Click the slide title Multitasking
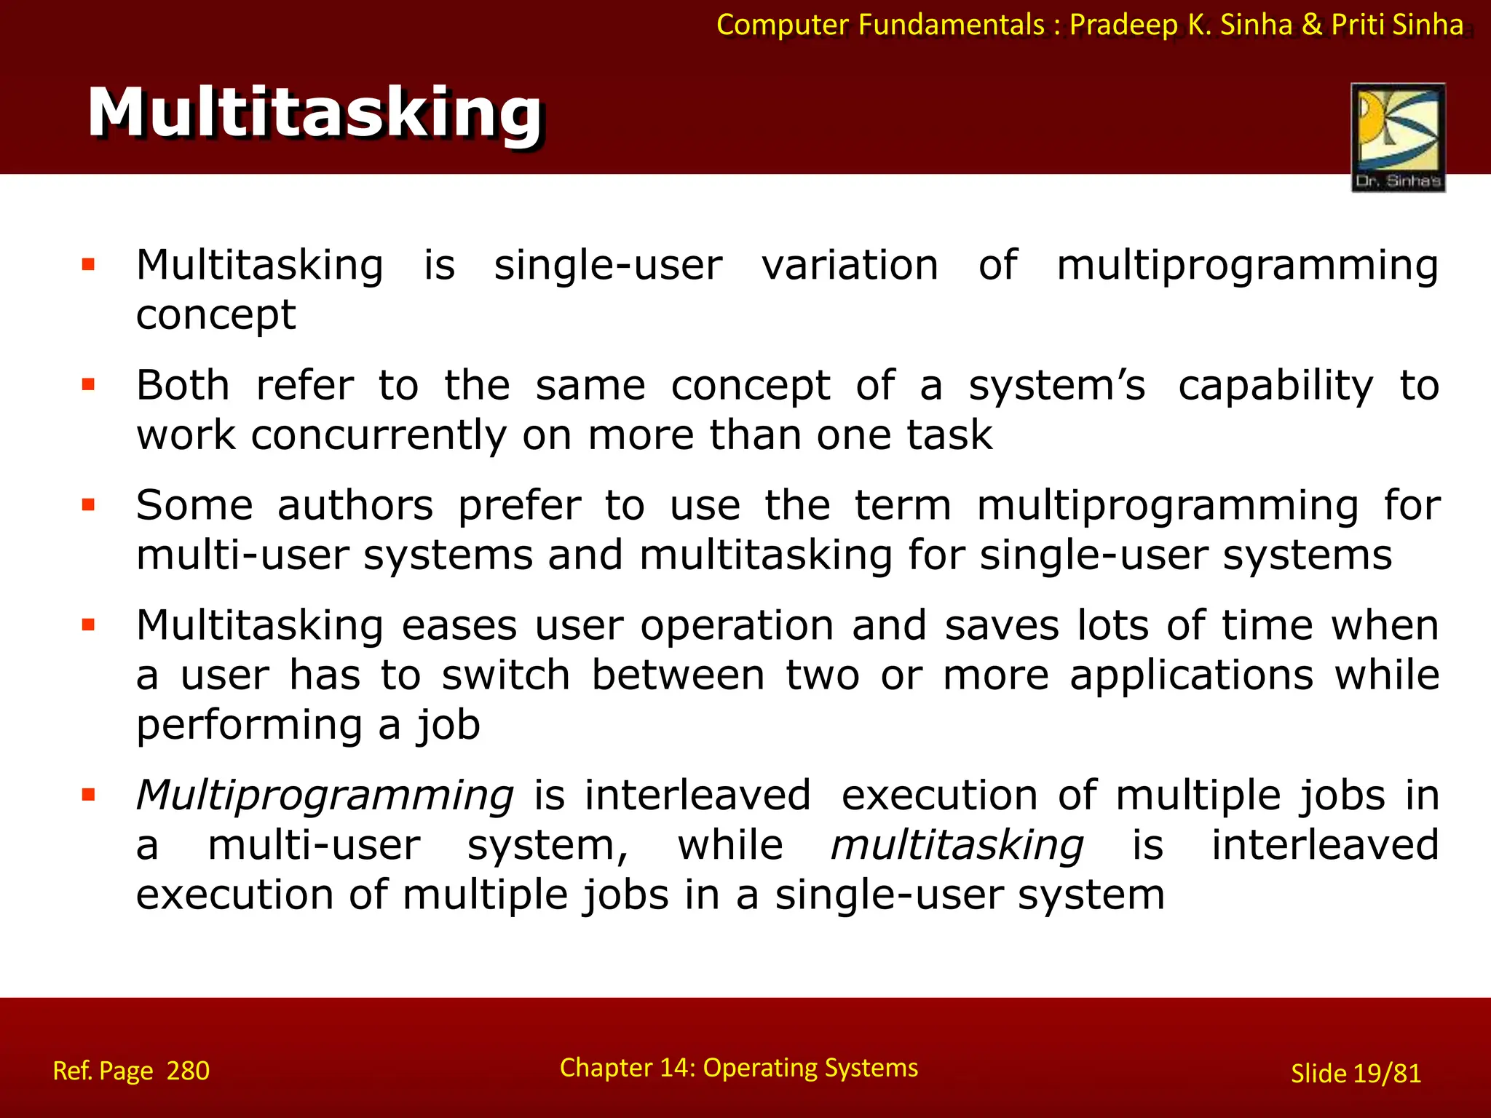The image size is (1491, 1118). click(x=315, y=113)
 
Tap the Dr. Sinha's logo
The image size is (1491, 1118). click(x=1398, y=137)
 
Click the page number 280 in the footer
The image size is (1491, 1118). click(x=188, y=1071)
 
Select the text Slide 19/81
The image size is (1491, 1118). click(x=1356, y=1074)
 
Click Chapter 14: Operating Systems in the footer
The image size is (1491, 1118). click(x=738, y=1068)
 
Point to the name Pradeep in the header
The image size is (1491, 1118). click(x=1123, y=25)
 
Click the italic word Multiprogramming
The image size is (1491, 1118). click(x=325, y=795)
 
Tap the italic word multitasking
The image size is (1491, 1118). click(x=957, y=845)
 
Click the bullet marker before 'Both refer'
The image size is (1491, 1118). click(x=89, y=384)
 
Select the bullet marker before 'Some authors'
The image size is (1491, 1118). click(x=89, y=504)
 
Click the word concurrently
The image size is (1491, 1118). click(x=378, y=435)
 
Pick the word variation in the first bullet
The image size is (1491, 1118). click(x=850, y=265)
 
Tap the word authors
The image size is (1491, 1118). click(x=355, y=505)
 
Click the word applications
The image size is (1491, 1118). click(x=1191, y=675)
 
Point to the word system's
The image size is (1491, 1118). click(x=1056, y=386)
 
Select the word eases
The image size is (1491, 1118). click(x=459, y=626)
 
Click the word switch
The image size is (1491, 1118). click(x=506, y=675)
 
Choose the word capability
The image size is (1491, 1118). click(x=1275, y=386)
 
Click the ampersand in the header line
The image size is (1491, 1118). click(x=1311, y=25)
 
